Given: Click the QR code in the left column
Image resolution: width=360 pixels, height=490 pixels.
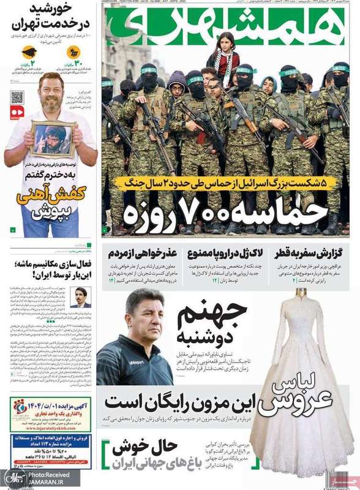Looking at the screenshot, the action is click(17, 97).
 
